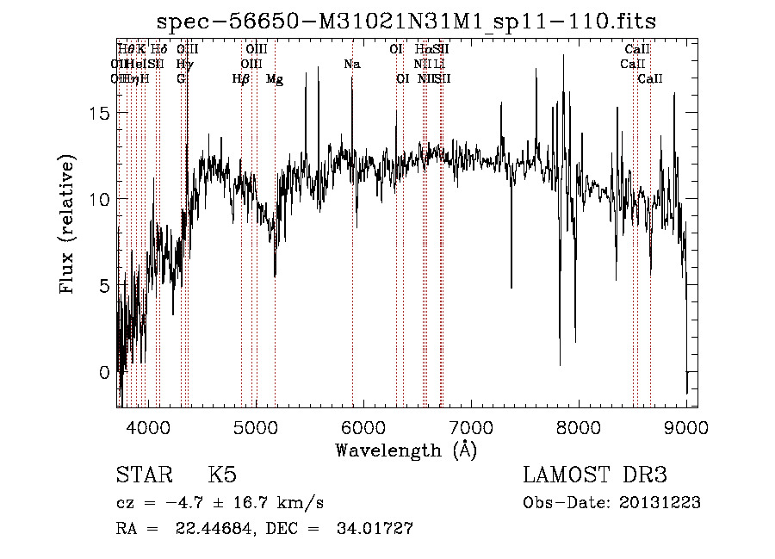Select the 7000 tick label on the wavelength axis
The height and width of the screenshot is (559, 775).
coord(471,427)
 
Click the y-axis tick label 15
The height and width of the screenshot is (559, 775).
coord(101,114)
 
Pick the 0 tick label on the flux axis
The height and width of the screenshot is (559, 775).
coord(105,372)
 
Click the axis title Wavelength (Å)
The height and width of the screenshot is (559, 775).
coord(406,450)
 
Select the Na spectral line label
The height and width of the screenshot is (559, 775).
coord(351,65)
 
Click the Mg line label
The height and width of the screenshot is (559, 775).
coord(275,79)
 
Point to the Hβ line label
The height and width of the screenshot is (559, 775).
coord(241,79)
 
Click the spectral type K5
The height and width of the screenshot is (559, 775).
coord(222,475)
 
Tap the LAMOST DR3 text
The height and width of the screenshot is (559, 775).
coord(595,475)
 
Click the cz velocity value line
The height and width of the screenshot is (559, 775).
coord(220,503)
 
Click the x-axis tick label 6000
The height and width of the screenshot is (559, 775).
coord(364,427)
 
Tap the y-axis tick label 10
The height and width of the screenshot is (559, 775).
coord(101,200)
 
